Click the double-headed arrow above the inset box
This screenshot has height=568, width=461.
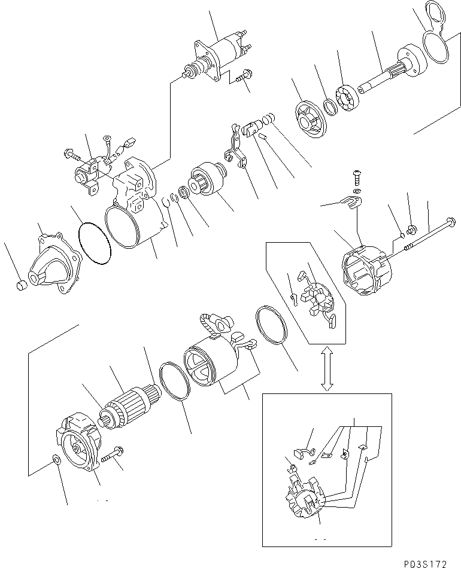click(327, 369)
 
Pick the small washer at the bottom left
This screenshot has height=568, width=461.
click(56, 460)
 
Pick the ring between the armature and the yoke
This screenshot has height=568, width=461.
click(174, 386)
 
